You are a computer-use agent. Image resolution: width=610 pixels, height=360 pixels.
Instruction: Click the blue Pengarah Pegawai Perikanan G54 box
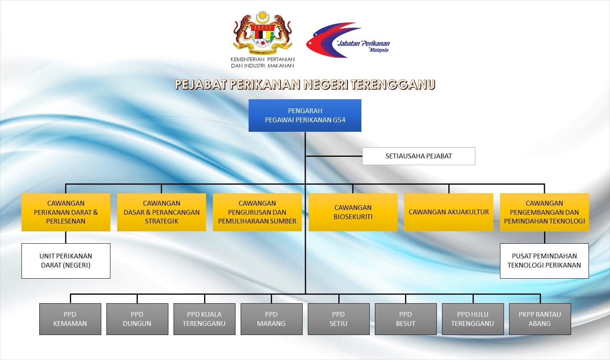[x=305, y=116]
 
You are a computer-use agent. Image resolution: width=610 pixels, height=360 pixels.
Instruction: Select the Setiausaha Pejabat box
[x=419, y=156]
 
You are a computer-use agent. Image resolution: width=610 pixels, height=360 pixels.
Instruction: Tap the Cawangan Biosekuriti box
[x=353, y=212]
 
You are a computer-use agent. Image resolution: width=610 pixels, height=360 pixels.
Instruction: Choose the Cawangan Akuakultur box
[x=449, y=212]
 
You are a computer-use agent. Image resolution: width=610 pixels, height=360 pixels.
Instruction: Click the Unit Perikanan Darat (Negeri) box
[x=66, y=261]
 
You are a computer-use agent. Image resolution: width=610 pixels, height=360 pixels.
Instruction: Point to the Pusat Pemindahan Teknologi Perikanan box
[x=544, y=261]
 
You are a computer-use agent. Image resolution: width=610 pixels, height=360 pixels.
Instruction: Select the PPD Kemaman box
[x=70, y=319]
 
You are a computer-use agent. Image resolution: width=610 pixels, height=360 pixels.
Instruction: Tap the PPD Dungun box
[x=137, y=319]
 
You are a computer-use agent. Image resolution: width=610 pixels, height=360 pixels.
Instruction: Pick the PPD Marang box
[x=272, y=319]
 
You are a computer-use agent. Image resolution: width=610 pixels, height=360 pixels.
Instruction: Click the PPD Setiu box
[x=338, y=319]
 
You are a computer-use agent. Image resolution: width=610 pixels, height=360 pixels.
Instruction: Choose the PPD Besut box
[x=406, y=319]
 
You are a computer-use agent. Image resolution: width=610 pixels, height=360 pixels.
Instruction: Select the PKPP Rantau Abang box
[x=540, y=319]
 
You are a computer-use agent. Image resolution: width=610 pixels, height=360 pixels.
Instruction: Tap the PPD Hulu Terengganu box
[x=473, y=319]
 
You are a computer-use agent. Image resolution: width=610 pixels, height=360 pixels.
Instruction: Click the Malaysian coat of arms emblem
[x=263, y=33]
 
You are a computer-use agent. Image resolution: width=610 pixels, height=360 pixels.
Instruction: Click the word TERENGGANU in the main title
[x=393, y=85]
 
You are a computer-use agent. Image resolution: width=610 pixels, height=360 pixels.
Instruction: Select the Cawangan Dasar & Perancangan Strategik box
[x=162, y=212]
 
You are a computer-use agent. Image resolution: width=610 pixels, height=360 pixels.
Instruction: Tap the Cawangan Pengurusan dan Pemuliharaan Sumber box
[x=257, y=212]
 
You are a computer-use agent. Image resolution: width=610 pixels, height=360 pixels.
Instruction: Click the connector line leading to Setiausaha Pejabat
[x=334, y=156]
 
